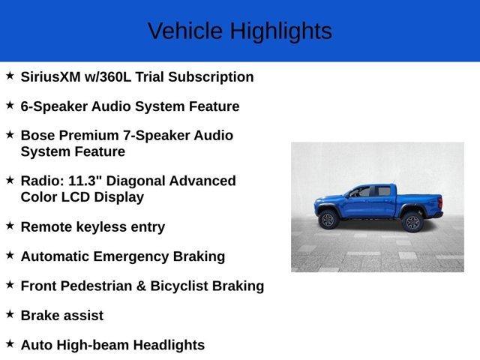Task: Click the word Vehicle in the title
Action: (x=185, y=31)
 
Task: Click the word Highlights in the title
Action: (x=280, y=31)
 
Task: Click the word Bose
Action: (x=39, y=136)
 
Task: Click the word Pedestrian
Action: (x=99, y=286)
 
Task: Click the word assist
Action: (x=83, y=316)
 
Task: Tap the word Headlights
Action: (x=168, y=345)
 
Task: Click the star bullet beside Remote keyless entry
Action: (x=10, y=225)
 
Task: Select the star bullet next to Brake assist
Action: (x=10, y=313)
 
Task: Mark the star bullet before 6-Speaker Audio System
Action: (x=10, y=105)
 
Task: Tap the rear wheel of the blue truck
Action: (x=412, y=222)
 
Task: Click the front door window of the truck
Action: (x=361, y=193)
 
